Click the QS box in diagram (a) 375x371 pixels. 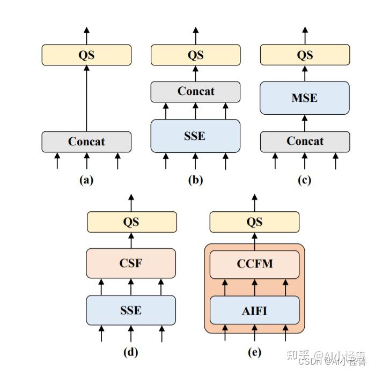tap(86, 55)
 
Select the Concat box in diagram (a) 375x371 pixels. tap(86, 142)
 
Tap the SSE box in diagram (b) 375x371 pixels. tap(195, 136)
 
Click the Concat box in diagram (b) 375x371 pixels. tap(195, 91)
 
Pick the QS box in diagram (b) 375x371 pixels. tap(195, 55)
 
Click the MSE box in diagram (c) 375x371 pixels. tap(305, 98)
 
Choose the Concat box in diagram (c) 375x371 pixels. tap(305, 142)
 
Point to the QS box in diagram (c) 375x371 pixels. tap(305, 55)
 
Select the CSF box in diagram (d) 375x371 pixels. tap(131, 263)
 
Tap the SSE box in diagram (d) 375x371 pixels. tap(131, 310)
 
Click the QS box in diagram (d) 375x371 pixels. tap(131, 222)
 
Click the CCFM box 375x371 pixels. tap(254, 264)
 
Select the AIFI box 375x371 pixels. tap(254, 310)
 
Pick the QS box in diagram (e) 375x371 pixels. tap(254, 222)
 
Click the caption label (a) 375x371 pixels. tap(86, 180)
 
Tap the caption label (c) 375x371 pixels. tap(305, 180)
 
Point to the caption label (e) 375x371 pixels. tap(254, 352)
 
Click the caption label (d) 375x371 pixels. tap(131, 352)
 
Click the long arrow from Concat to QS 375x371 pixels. tap(86, 99)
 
